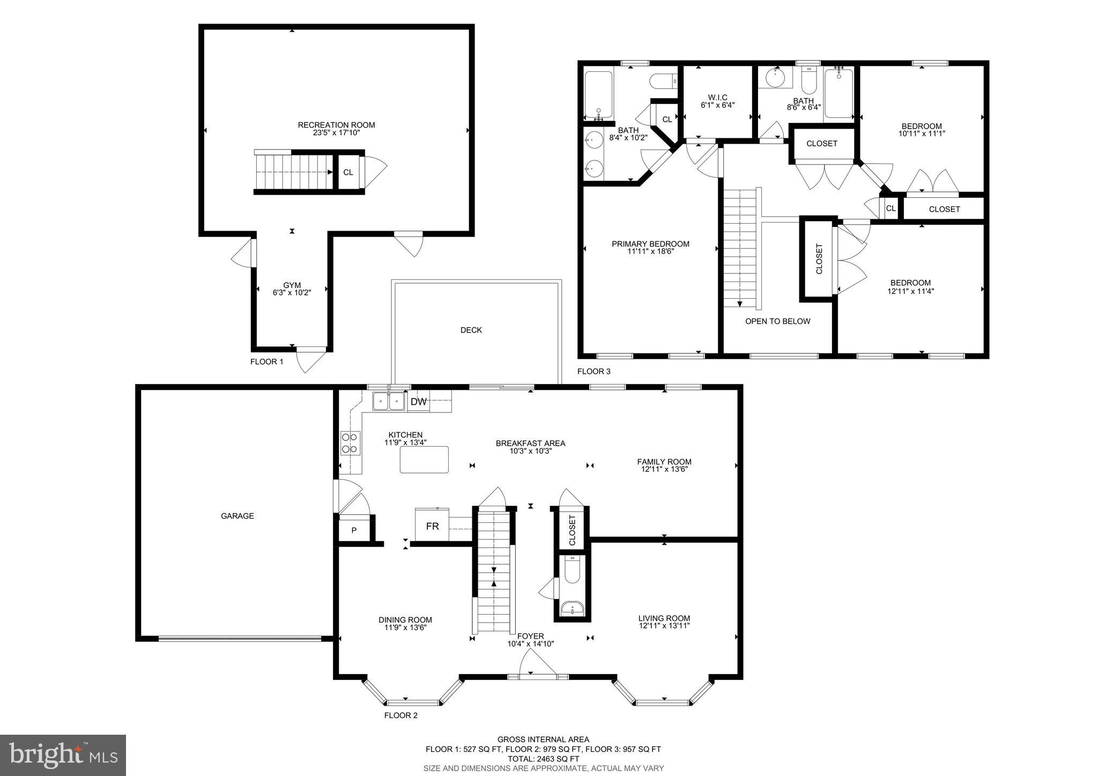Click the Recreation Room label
336,125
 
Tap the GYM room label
292,285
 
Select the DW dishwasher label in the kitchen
419,402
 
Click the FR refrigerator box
432,526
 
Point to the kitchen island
424,460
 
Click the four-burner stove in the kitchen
350,443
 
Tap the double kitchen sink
389,401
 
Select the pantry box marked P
354,530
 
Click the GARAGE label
237,516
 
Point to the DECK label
471,330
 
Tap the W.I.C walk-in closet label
717,97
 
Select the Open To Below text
777,321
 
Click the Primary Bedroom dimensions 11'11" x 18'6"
650,251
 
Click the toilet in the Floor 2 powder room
572,570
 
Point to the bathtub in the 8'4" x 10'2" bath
598,95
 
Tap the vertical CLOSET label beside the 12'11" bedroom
819,259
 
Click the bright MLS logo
63,755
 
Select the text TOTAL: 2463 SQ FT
543,759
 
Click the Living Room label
664,618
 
